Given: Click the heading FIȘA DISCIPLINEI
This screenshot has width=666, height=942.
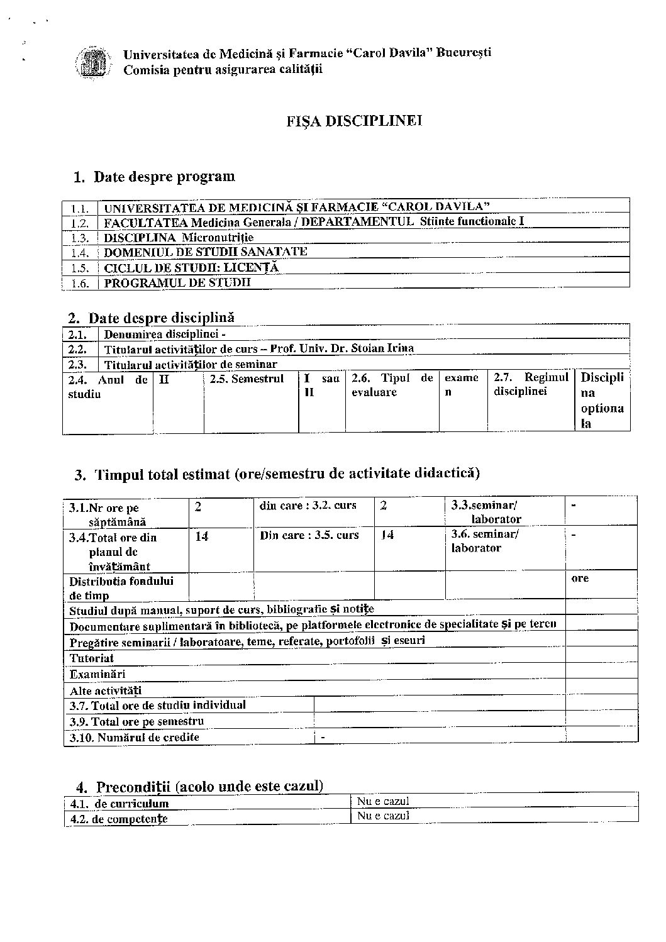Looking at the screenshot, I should click(x=353, y=121).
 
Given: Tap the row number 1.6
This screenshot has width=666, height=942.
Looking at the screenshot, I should click(x=80, y=284).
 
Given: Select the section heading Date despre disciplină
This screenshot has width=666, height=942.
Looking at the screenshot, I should click(x=161, y=318).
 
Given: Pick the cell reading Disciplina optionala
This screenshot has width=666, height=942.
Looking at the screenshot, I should click(x=602, y=400).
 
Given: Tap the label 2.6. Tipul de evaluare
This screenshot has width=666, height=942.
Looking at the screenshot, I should click(x=392, y=385).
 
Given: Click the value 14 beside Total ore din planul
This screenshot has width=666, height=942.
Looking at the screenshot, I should click(x=202, y=537).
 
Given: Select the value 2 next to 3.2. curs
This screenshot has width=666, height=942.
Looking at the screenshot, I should click(x=384, y=506).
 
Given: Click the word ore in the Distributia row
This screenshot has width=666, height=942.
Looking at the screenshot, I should click(x=580, y=578).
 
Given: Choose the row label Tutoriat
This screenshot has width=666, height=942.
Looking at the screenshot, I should click(x=92, y=658).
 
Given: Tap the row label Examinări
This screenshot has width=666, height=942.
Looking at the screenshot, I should click(x=97, y=674).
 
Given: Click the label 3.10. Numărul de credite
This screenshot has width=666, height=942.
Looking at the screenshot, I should click(x=135, y=737).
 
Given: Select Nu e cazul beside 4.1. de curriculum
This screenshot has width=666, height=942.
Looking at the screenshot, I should click(x=383, y=801).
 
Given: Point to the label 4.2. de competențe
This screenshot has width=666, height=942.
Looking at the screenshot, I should click(x=119, y=819).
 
